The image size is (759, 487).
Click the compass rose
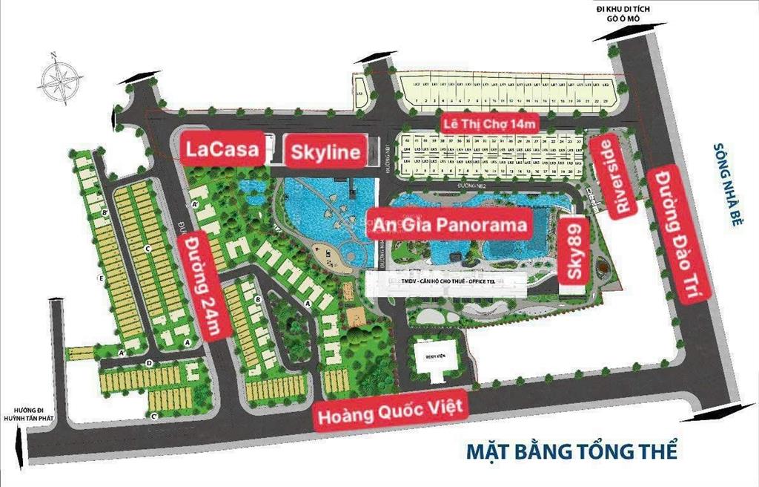click(62, 77)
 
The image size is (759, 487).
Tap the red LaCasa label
click(222, 148)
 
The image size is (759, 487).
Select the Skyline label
click(326, 152)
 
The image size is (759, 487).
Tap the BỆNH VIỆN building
click(434, 356)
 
